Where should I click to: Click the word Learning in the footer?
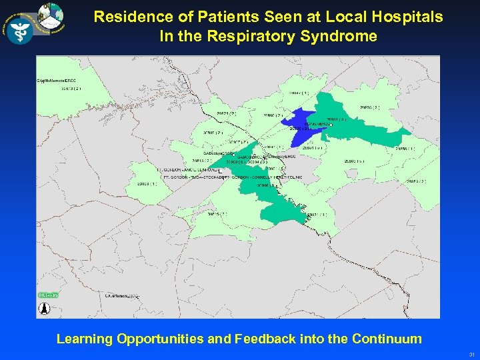[x=85, y=339]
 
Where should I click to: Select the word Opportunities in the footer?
[x=160, y=339]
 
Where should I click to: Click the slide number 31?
[x=471, y=355]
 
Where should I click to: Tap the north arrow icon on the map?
[x=45, y=309]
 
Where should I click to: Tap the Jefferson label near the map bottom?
[x=121, y=295]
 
